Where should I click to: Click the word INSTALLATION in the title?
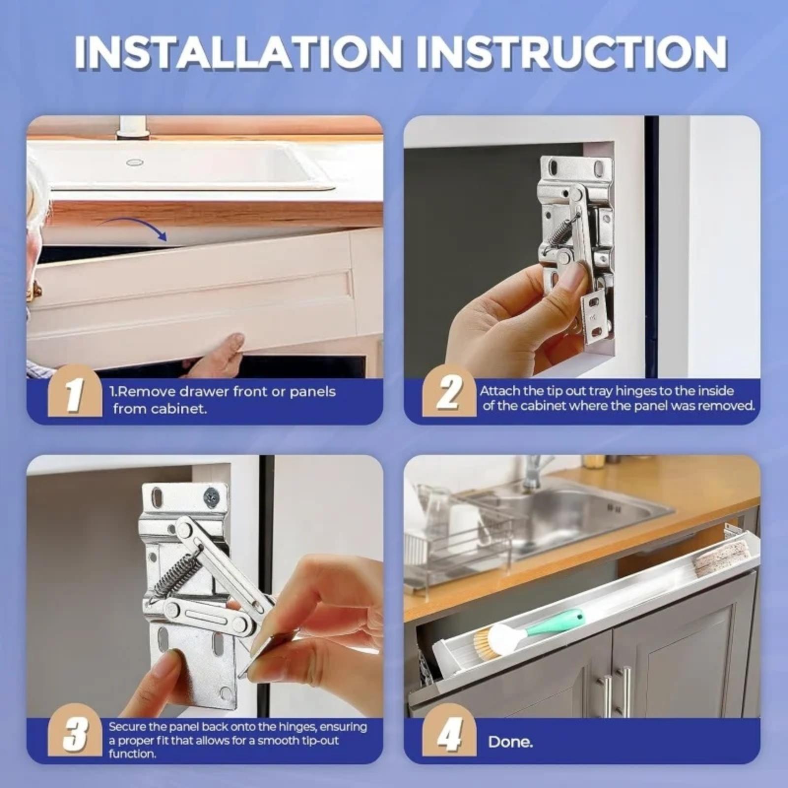(x=238, y=52)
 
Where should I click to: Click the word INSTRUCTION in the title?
(x=572, y=52)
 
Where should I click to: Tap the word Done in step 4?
(x=510, y=742)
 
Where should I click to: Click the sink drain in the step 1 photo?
(x=134, y=162)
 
